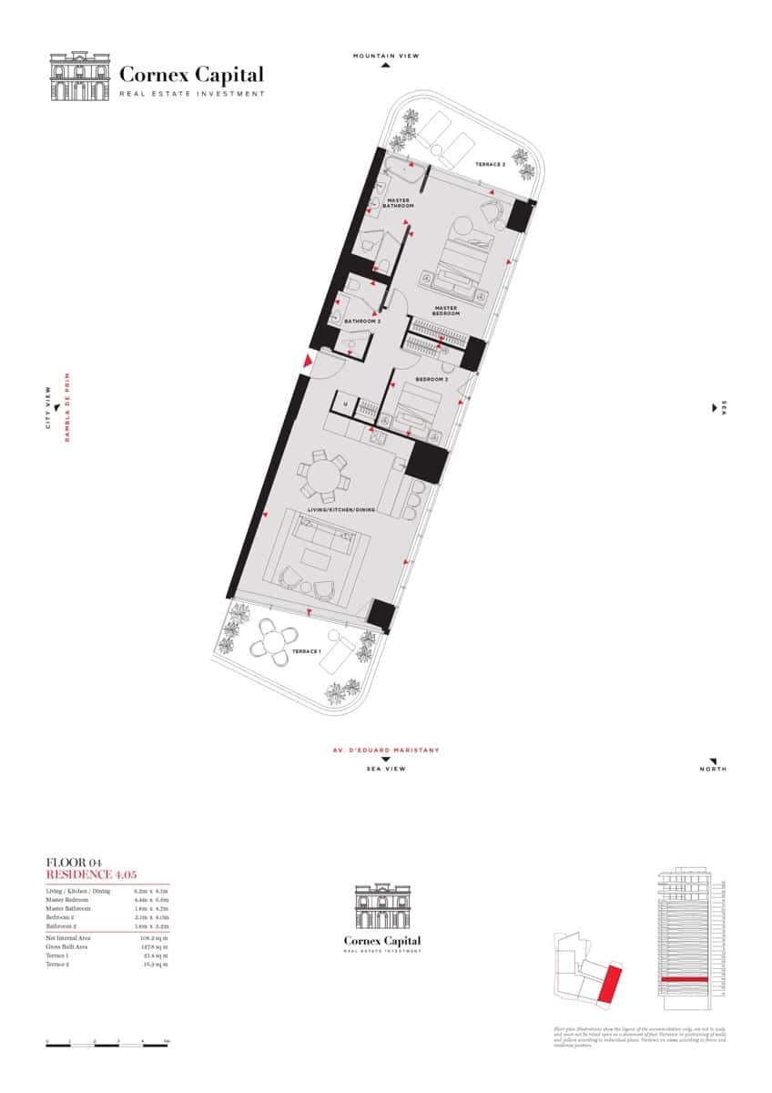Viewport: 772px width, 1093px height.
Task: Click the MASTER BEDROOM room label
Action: pos(446,310)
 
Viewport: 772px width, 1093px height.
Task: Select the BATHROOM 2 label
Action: pos(361,322)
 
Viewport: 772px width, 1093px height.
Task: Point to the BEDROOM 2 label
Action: pos(432,379)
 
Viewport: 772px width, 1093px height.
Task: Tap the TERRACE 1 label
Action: pos(306,652)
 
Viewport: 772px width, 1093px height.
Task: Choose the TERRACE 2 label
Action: pos(490,165)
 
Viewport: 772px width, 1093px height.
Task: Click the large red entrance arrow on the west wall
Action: pos(308,364)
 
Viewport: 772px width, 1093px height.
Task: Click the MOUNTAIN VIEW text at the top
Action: pos(386,56)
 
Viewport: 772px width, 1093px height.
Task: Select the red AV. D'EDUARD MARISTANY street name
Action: pos(385,751)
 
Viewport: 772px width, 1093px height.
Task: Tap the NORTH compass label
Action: pos(714,770)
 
